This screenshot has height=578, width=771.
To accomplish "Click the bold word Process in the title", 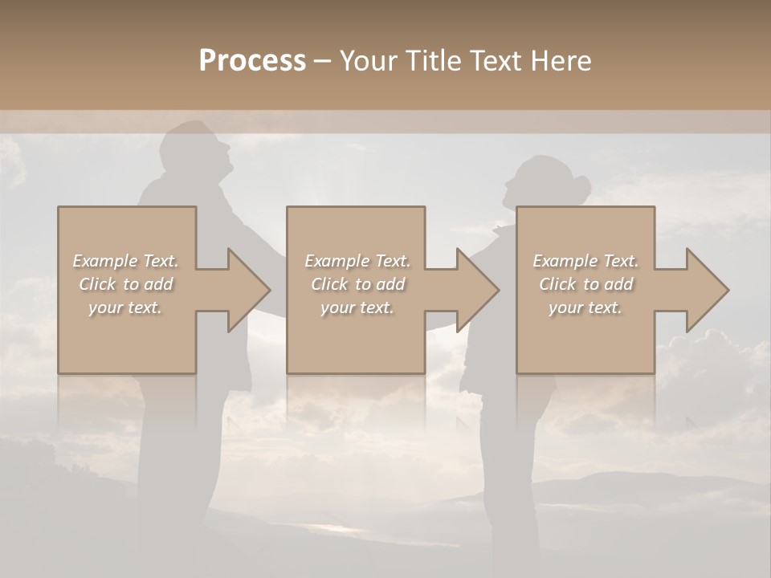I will point(252,60).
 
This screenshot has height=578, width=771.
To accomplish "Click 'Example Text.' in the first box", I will point(126,261).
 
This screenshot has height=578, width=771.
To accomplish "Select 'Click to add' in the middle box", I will point(357,284).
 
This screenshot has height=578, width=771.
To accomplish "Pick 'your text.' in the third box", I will point(585,307).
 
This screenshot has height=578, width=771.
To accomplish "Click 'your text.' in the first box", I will point(126,307).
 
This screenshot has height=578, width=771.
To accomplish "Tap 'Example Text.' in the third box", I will point(585,261).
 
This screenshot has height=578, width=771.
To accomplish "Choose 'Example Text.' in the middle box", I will point(357,261).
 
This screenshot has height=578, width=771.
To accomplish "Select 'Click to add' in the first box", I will point(126,284).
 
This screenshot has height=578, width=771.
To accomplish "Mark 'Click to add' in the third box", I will point(585,284).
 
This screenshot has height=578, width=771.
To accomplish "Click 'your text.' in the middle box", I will point(357,307).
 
